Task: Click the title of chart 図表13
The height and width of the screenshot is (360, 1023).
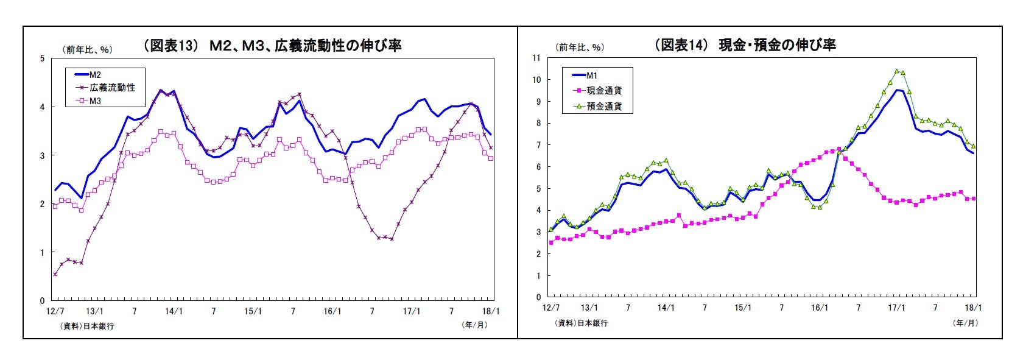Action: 272,45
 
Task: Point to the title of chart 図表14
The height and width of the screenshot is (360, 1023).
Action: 744,44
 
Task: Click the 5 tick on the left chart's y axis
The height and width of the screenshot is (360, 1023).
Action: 42,58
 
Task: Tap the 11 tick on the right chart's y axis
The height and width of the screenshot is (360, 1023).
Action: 536,58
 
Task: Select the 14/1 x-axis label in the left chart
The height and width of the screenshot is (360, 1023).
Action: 174,311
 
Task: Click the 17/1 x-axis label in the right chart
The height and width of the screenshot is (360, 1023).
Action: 896,308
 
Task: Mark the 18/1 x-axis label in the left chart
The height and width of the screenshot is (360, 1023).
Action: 490,311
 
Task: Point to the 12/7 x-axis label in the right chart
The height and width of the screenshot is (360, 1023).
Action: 550,308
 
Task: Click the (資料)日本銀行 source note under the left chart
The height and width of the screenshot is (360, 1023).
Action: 87,326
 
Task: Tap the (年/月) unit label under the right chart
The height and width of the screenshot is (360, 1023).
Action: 965,323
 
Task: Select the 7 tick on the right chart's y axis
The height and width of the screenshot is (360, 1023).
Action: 538,145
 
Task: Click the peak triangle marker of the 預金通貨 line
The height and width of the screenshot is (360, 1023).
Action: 896,71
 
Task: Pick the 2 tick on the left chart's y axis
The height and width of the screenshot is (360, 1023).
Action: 42,204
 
